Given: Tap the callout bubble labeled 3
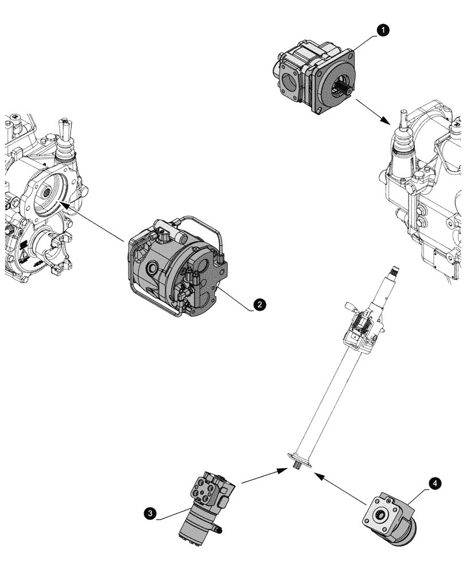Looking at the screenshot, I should (x=150, y=514).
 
